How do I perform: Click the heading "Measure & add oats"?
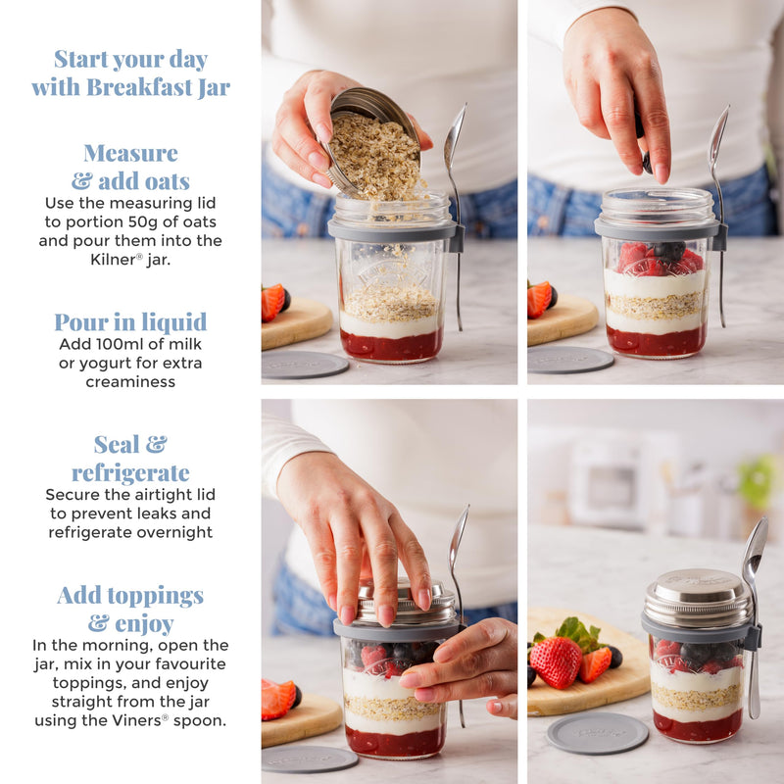(x=130, y=167)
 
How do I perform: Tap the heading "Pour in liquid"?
(x=130, y=321)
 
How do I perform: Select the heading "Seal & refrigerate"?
(x=130, y=459)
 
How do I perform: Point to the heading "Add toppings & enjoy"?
(x=130, y=609)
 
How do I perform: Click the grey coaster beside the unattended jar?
(x=597, y=732)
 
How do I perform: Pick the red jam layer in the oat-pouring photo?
(x=391, y=345)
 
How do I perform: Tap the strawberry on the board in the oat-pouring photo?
(x=273, y=302)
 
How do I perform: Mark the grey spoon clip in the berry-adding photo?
(x=720, y=236)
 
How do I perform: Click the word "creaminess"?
(x=130, y=381)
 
